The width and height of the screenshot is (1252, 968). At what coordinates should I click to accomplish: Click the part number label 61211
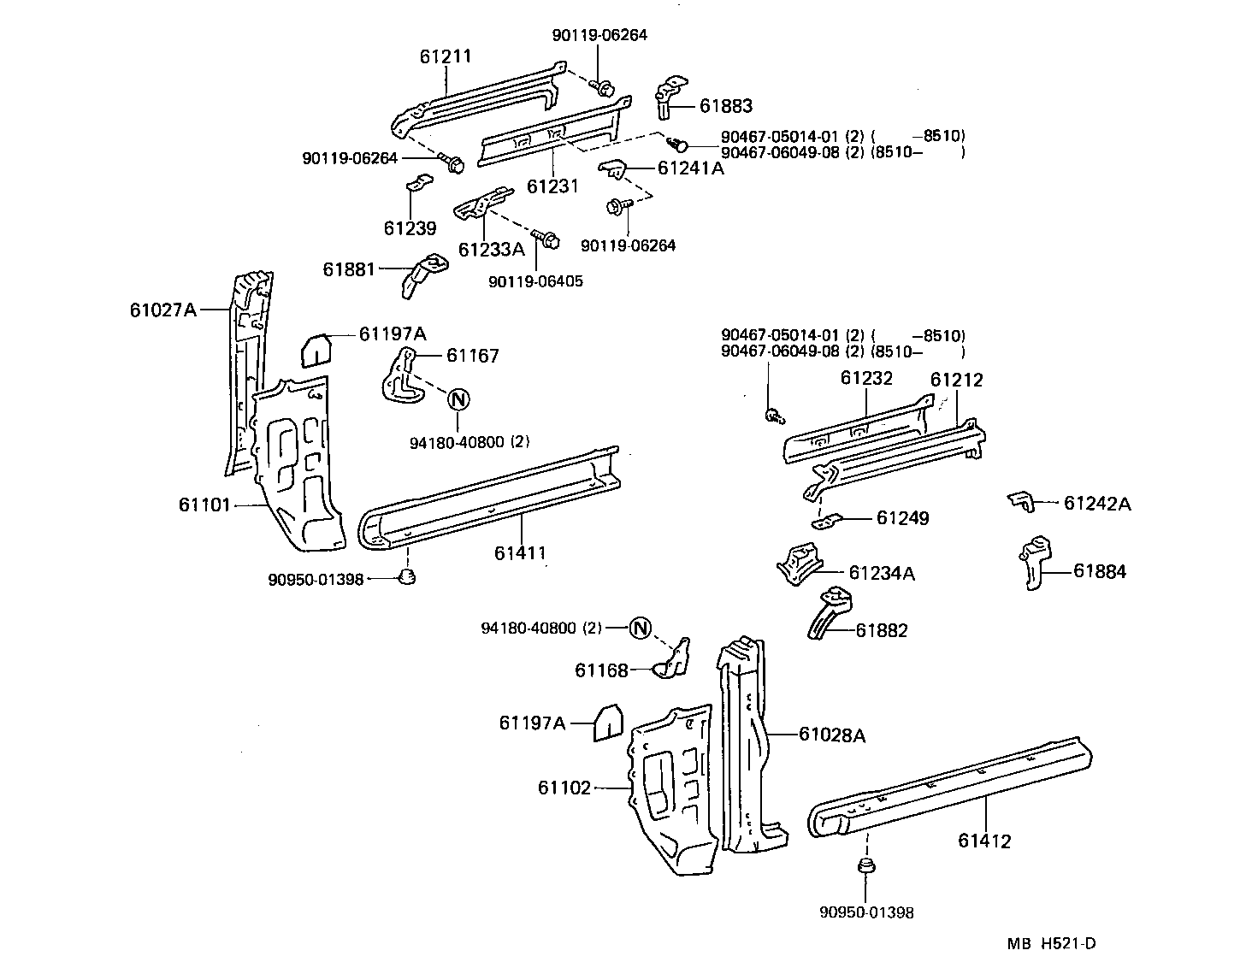446,56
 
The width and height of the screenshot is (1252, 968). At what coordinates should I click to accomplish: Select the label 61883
725,106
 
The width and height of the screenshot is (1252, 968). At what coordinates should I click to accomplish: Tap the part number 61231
552,186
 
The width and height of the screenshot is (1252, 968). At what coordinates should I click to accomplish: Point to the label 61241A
690,168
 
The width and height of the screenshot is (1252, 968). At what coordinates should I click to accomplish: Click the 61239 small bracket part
416,184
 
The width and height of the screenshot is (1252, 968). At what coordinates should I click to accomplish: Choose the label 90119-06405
535,280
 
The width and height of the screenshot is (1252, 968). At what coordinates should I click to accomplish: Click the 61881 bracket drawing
422,274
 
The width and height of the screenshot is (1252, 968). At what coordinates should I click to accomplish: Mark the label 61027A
163,310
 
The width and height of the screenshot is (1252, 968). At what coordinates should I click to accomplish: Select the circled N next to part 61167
458,398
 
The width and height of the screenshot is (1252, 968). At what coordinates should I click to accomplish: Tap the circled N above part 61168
641,628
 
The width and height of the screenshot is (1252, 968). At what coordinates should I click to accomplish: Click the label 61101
204,505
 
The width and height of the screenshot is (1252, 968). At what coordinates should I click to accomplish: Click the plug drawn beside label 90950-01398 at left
408,577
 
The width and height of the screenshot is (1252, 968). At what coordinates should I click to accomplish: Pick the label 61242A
1096,504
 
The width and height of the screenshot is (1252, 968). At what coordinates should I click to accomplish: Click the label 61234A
881,573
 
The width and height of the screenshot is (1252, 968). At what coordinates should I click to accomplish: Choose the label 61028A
832,735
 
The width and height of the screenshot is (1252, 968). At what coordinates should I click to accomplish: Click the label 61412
984,841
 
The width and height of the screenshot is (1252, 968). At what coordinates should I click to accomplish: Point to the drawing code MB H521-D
1051,944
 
